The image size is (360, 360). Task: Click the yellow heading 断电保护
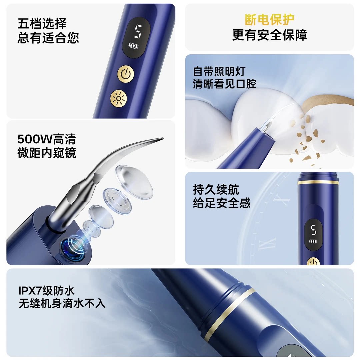pyautogui.click(x=269, y=20)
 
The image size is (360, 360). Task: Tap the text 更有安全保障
pyautogui.click(x=269, y=35)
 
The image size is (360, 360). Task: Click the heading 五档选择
pyautogui.click(x=42, y=23)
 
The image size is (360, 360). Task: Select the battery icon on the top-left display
pyautogui.click(x=133, y=46)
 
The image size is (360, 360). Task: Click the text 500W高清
pyautogui.click(x=47, y=139)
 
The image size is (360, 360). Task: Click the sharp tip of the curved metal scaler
pyautogui.click(x=163, y=138)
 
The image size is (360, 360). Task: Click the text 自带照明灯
pyautogui.click(x=219, y=72)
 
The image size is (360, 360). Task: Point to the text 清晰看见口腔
pyautogui.click(x=224, y=84)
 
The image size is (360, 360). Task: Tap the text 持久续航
pyautogui.click(x=216, y=189)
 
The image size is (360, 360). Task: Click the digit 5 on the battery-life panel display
pyautogui.click(x=313, y=230)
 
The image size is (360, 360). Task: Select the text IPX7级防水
pyautogui.click(x=47, y=291)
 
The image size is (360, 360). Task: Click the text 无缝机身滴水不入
pyautogui.click(x=62, y=304)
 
